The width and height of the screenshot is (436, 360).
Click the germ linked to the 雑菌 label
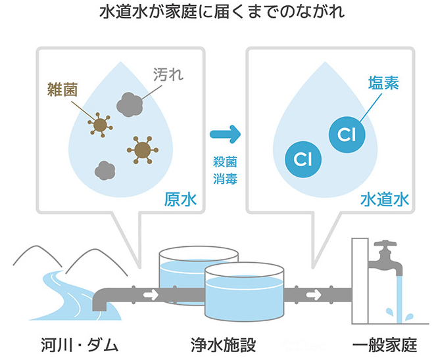(101, 123)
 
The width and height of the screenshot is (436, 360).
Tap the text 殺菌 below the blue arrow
(224, 160)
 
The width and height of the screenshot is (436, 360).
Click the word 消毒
(224, 177)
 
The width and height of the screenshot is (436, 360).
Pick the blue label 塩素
(383, 83)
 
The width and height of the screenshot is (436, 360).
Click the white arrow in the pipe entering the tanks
(150, 294)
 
